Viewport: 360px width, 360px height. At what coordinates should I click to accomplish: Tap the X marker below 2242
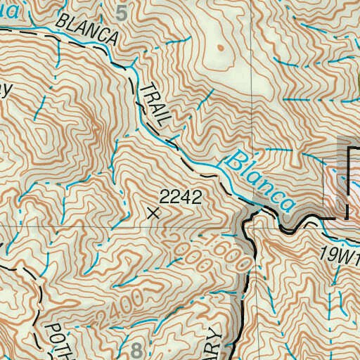coord(155,212)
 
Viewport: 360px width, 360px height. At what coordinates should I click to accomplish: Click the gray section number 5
coord(123,13)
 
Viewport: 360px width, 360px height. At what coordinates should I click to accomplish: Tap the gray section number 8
coord(136,349)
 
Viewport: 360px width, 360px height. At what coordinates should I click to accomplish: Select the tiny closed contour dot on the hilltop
coord(219,48)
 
